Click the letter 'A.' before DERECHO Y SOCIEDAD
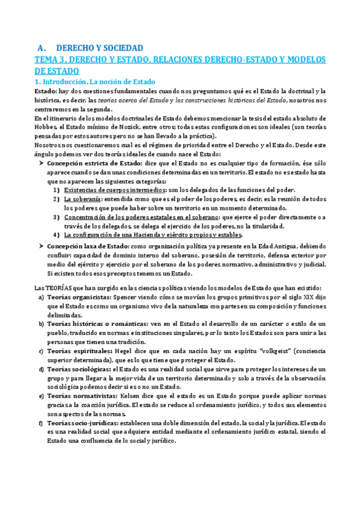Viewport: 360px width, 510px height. click(x=42, y=48)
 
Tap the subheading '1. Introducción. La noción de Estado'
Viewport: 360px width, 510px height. click(x=94, y=81)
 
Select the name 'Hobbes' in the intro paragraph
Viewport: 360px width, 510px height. click(x=46, y=127)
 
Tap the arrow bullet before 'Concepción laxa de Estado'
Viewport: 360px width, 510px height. click(x=41, y=246)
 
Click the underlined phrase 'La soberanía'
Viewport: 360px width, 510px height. click(x=83, y=198)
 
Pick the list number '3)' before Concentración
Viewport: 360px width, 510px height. click(x=56, y=217)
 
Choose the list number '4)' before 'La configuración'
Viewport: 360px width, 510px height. click(x=56, y=235)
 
